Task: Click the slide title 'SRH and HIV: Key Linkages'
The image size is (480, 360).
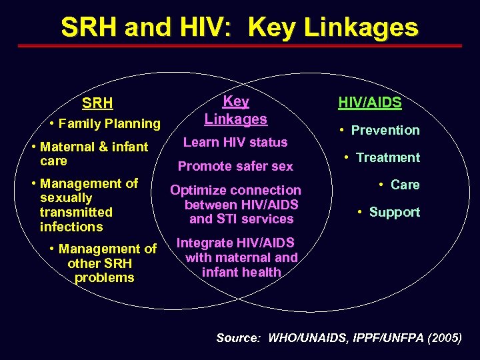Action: tap(239, 27)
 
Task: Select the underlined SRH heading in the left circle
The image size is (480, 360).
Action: tap(97, 104)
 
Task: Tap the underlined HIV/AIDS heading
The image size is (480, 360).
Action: tap(370, 103)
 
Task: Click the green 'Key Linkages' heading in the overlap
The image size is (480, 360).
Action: tap(236, 111)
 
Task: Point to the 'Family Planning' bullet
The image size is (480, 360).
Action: tap(109, 123)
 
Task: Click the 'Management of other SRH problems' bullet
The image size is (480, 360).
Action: tap(103, 263)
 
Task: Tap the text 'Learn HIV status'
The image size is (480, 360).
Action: tap(235, 142)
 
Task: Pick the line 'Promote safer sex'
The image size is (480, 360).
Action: tap(235, 166)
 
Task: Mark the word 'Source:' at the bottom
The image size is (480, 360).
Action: tap(238, 338)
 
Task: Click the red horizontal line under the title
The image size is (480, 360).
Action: tap(239, 46)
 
